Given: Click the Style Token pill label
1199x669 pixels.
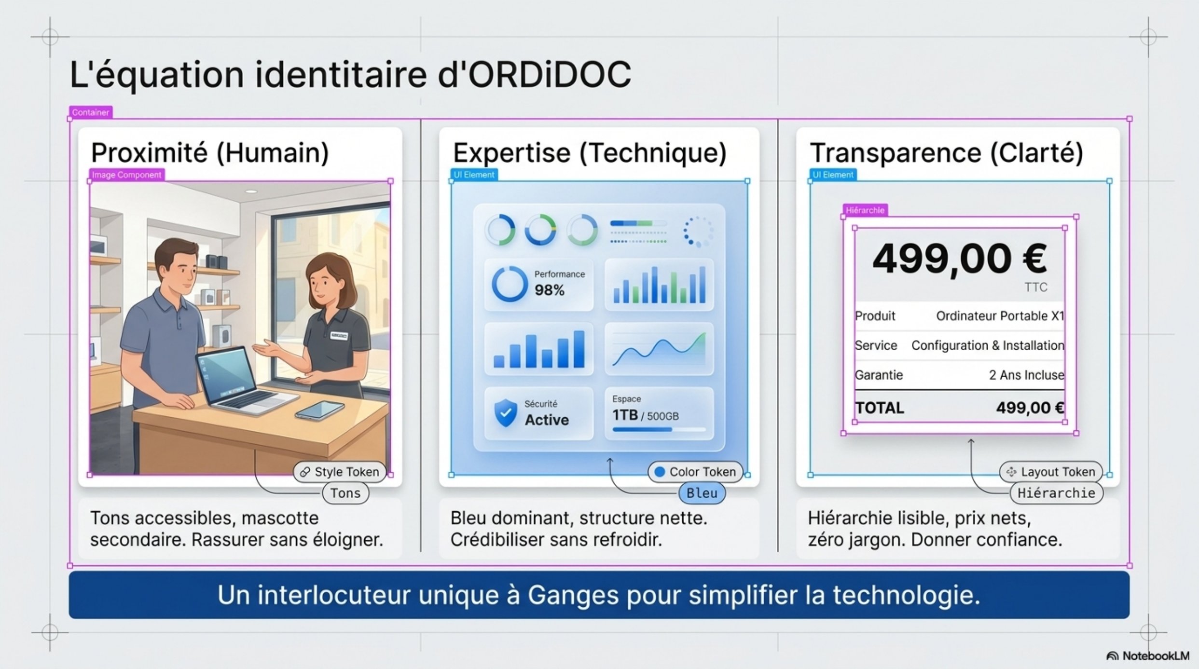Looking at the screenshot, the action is [x=340, y=472].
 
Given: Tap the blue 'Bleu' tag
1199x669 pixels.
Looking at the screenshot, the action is [x=702, y=493].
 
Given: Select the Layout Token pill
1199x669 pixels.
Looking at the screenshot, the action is [x=1051, y=472].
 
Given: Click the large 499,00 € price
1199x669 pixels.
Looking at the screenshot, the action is [x=960, y=259].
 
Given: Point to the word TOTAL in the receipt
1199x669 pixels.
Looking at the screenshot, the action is [x=880, y=408].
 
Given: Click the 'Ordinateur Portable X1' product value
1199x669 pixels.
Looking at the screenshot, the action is [x=1000, y=316].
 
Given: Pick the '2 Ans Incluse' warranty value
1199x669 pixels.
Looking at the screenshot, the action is [x=1026, y=375].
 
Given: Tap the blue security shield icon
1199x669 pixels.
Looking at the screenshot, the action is [x=506, y=413].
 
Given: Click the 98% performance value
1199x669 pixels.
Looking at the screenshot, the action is [x=549, y=290].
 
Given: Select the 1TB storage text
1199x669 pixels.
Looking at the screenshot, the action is [x=625, y=415].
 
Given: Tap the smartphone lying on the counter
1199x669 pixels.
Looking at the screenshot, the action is [x=320, y=410].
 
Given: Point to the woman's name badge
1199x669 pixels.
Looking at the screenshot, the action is [x=339, y=335].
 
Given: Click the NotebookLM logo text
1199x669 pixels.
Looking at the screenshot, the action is [x=1156, y=656].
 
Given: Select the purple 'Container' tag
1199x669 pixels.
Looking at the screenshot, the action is [x=91, y=112].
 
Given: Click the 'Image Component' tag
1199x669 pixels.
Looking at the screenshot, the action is [x=126, y=175].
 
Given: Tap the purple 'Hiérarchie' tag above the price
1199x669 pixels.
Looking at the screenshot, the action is [x=865, y=210].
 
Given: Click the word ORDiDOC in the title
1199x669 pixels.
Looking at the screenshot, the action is [x=550, y=75].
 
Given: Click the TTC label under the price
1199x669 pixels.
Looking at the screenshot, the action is [x=1036, y=287].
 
